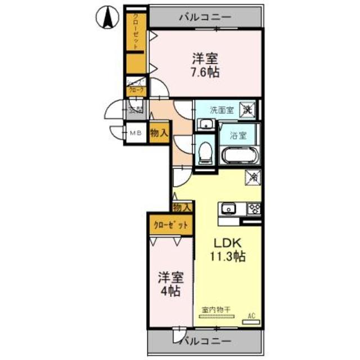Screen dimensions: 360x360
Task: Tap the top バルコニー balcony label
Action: click(x=205, y=17)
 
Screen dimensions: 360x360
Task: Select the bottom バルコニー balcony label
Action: click(x=205, y=341)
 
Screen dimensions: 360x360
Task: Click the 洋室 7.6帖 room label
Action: click(x=205, y=65)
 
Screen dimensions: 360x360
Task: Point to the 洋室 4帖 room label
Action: click(x=169, y=283)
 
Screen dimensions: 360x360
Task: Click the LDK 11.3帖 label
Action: click(x=228, y=249)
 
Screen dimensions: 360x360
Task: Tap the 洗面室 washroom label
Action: click(x=222, y=110)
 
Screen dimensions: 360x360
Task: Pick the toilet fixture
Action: click(x=206, y=152)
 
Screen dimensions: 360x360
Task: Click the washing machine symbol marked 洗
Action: click(x=247, y=109)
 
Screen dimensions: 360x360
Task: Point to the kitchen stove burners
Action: click(x=254, y=209)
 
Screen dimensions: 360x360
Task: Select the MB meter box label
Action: click(x=136, y=133)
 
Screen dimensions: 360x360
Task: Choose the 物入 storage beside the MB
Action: click(x=159, y=134)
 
